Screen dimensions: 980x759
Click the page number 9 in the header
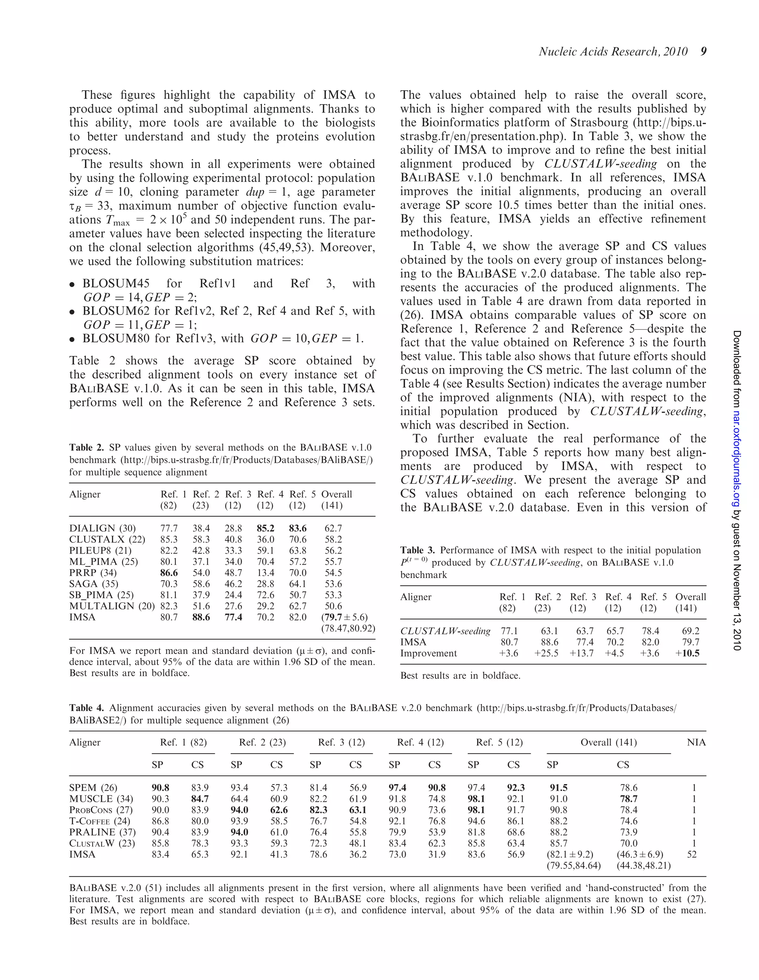pos(703,52)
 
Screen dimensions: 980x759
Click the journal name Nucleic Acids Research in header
pos(597,52)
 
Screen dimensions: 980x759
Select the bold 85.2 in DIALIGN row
pos(266,528)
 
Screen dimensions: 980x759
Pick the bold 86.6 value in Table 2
pos(169,572)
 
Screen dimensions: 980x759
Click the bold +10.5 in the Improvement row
pos(687,653)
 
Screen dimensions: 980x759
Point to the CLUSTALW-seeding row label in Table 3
pos(445,631)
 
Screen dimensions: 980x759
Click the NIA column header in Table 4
pos(696,742)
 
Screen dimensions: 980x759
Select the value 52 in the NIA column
pos(692,854)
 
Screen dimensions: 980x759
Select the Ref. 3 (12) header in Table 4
pos(341,742)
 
